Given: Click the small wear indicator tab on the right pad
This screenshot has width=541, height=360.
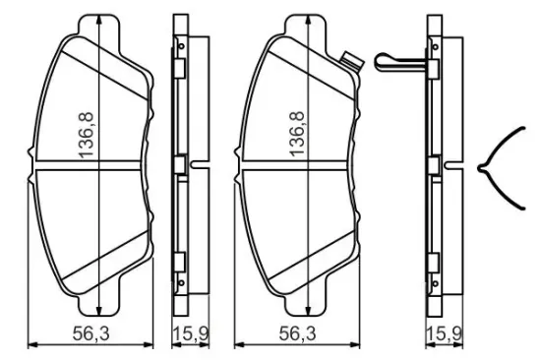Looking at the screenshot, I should [x=349, y=59].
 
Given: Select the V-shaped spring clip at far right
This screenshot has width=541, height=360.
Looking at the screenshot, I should [x=497, y=169].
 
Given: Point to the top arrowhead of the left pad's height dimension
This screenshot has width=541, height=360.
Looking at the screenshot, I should [x=102, y=21].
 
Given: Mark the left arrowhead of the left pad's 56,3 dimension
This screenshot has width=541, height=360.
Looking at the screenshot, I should [x=28, y=345].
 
